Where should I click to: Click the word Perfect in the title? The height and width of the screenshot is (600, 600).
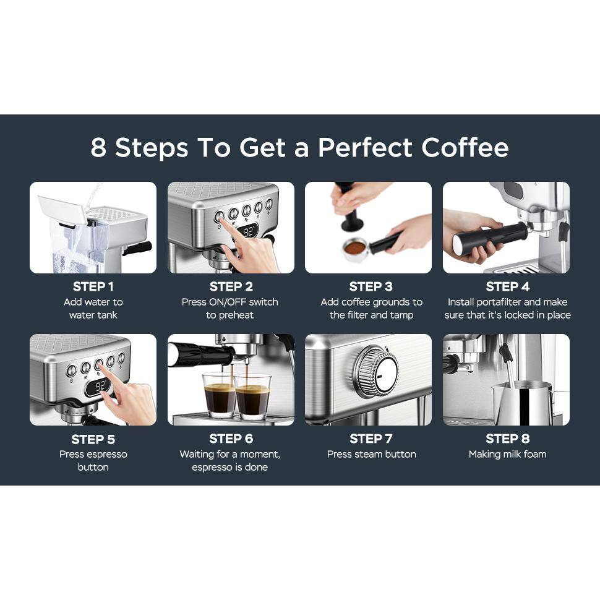[x=365, y=148]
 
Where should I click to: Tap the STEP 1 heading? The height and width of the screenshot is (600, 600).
[x=93, y=286]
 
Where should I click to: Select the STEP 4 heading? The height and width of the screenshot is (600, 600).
[x=507, y=286]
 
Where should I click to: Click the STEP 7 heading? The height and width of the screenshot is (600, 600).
[x=371, y=439]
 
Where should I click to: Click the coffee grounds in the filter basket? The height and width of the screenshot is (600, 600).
[x=354, y=248]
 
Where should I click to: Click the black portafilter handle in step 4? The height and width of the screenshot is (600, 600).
[x=487, y=238]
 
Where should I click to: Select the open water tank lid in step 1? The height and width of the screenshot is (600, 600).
[x=62, y=209]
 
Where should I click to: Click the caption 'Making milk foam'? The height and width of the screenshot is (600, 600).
[x=507, y=454]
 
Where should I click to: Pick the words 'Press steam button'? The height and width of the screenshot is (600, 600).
[x=371, y=454]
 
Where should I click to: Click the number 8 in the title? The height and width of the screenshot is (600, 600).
[x=98, y=148]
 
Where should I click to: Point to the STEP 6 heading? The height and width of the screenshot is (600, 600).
[x=231, y=439]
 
